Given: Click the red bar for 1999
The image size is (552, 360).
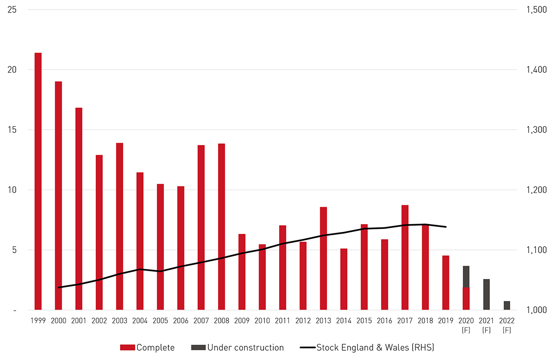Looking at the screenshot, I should coord(38,181).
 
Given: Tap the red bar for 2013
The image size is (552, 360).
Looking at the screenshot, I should coord(323,258).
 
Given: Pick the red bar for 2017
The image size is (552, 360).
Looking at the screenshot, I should coord(405,257).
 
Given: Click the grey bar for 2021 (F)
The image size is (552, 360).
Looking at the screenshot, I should coord(486,295).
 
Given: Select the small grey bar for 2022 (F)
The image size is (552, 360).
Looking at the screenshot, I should coord(507,306).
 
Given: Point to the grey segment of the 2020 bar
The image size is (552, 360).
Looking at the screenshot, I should coord(466,277).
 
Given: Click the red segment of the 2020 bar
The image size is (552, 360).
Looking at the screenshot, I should coord(466,299).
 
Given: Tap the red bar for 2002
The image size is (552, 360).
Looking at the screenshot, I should coord(99,232).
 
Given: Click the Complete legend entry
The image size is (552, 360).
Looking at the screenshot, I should coord(147,348).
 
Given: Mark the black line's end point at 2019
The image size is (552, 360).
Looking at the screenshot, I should coord(446,226).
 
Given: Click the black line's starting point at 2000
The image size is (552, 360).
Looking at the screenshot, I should coord(59,287).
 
